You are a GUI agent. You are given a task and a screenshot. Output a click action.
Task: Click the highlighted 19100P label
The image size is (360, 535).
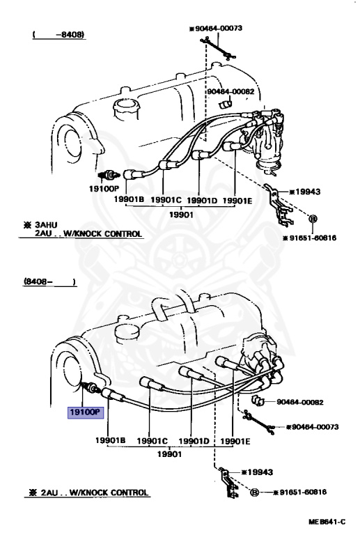click(x=85, y=412)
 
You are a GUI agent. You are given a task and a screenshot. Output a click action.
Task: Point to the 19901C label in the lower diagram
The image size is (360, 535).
click(x=152, y=441)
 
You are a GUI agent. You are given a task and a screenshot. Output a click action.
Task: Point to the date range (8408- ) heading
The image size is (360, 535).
click(x=49, y=282)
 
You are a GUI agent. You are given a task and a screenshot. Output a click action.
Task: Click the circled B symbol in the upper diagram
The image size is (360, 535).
click(x=313, y=219)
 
